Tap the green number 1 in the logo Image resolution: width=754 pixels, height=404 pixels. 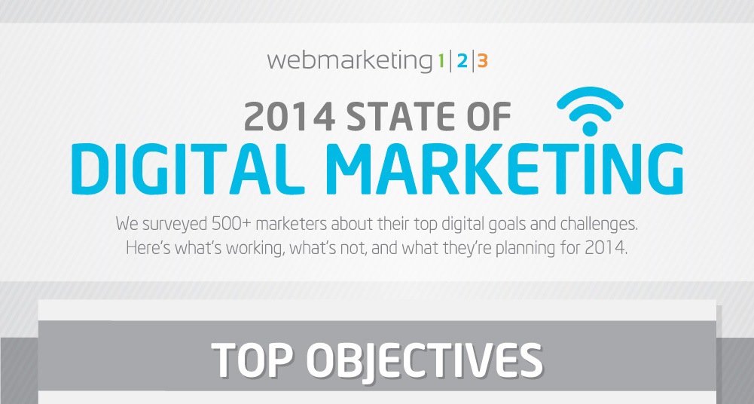[439, 61]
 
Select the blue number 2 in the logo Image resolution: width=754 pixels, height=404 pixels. [461, 61]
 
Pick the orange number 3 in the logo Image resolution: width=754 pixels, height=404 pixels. [482, 61]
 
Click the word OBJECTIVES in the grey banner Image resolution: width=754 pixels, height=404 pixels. [426, 361]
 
